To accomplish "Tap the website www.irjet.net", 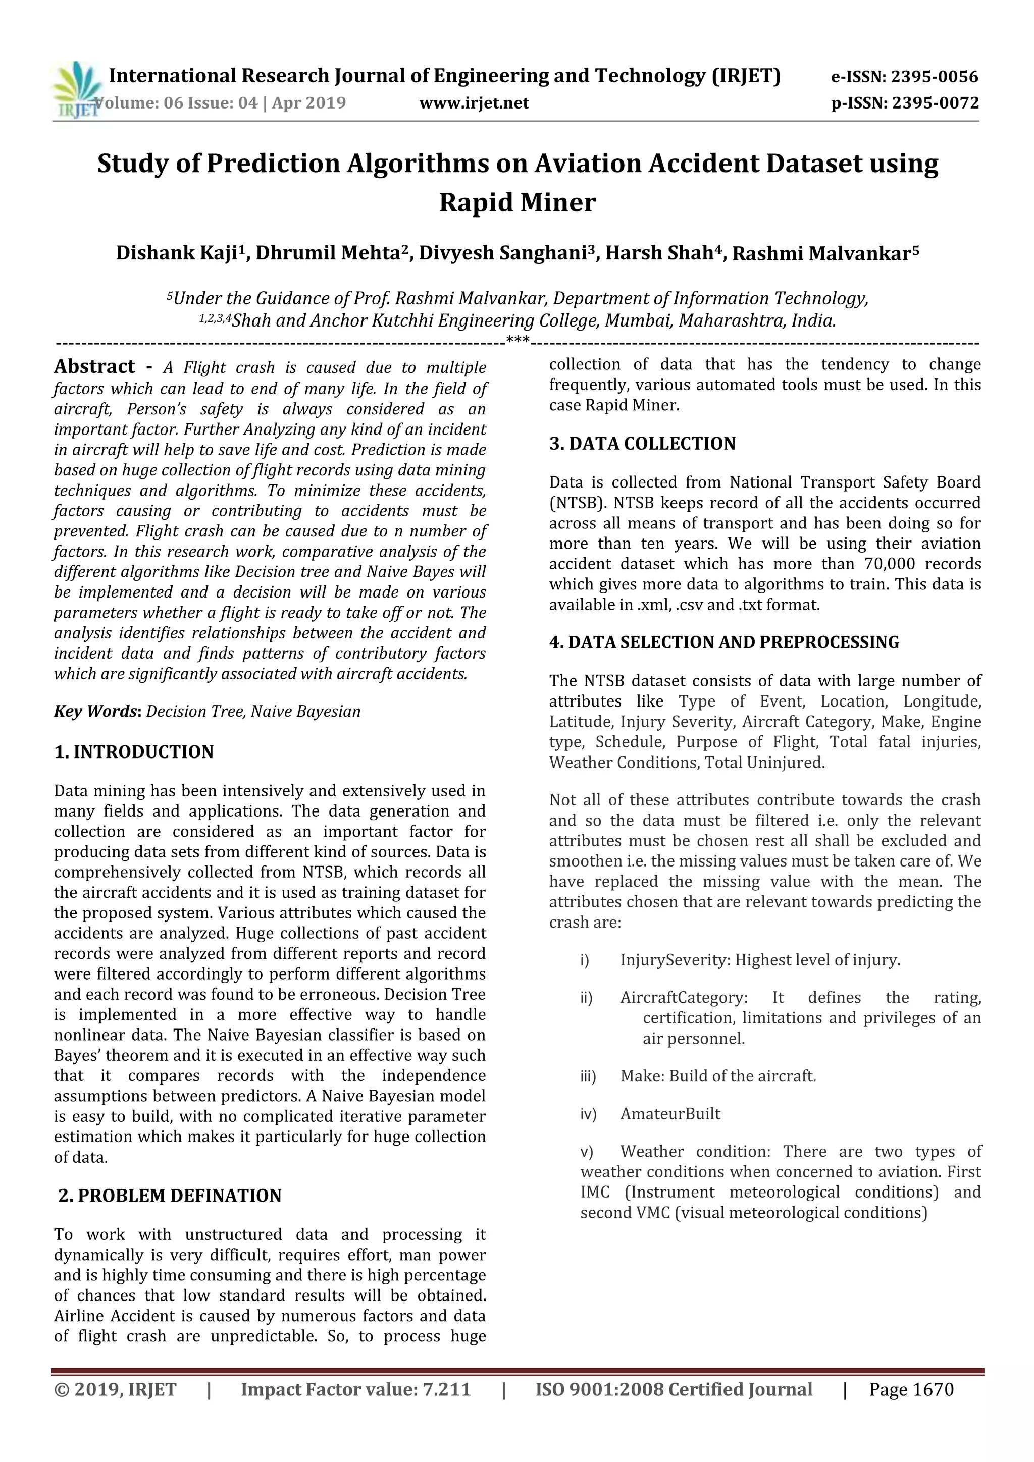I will tap(474, 103).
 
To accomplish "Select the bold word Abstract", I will tap(94, 367).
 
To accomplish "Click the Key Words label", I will tap(97, 711).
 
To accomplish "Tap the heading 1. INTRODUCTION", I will tap(134, 752).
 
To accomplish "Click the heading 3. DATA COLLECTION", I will tap(642, 444).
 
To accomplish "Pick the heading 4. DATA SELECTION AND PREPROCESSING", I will tap(723, 642).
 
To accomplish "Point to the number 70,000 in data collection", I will tap(890, 564).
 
